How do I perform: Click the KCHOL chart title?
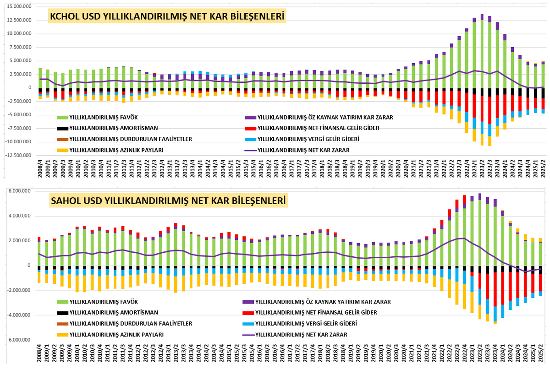pos(167,17)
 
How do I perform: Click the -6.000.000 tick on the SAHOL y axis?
pos(18,340)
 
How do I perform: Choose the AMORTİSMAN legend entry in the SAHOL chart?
pos(108,313)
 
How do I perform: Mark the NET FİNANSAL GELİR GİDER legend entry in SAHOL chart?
pos(311,313)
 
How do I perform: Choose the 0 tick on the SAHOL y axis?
pos(30,266)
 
